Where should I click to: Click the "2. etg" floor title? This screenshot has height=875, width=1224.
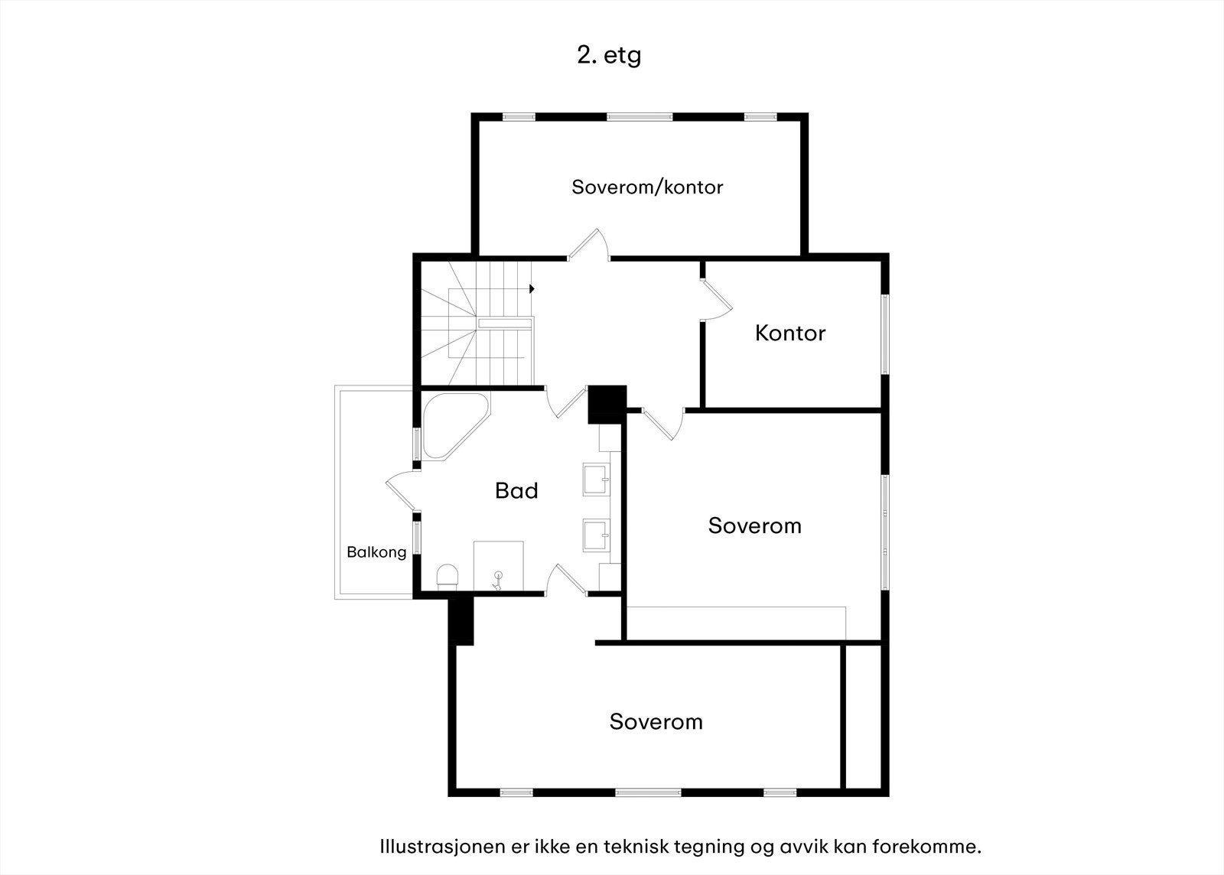click(609, 56)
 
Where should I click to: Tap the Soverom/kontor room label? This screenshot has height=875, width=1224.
click(647, 187)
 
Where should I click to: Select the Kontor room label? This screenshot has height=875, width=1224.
click(790, 333)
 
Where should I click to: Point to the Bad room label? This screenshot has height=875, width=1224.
click(516, 490)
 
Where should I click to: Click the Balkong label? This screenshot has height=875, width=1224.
click(376, 552)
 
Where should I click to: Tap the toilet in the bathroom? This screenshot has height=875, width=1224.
click(448, 577)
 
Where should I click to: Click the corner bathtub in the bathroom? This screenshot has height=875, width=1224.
click(455, 426)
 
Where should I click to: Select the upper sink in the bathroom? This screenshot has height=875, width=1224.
click(596, 479)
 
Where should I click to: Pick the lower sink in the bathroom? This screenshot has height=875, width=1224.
click(596, 535)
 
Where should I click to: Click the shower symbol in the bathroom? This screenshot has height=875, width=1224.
click(497, 581)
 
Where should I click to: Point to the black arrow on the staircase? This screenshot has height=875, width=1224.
click(532, 288)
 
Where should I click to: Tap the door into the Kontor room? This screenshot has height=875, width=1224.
click(717, 300)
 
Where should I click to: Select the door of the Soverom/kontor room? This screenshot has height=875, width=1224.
click(588, 244)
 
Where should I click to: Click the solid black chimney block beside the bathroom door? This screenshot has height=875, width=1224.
click(607, 404)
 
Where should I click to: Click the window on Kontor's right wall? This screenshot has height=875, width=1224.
click(885, 334)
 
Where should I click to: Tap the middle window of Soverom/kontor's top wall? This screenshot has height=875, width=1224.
click(640, 117)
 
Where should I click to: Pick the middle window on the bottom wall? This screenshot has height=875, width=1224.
click(648, 792)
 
